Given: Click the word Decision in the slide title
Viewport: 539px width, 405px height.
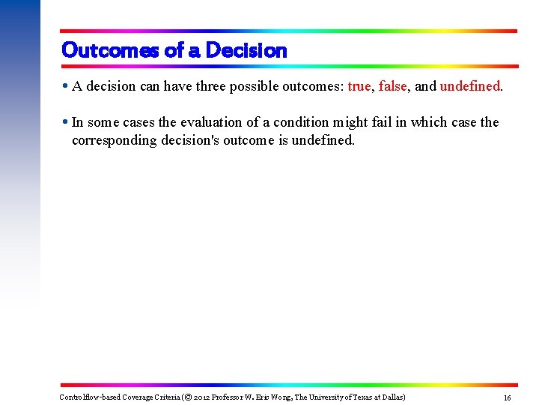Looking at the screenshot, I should pos(246,50).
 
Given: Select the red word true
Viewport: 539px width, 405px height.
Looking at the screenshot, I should pos(359,86).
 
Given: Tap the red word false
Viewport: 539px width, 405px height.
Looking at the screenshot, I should pos(392,86).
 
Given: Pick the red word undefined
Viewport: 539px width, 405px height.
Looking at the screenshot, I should pos(469,86).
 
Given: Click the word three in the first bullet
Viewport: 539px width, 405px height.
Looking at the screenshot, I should pos(217,86).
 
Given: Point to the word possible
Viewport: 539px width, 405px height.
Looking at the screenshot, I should pos(260,86).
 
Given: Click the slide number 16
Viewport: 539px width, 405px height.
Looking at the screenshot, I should pos(507,397).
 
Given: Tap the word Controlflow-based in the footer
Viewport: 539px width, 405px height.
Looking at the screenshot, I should pos(90,397).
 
